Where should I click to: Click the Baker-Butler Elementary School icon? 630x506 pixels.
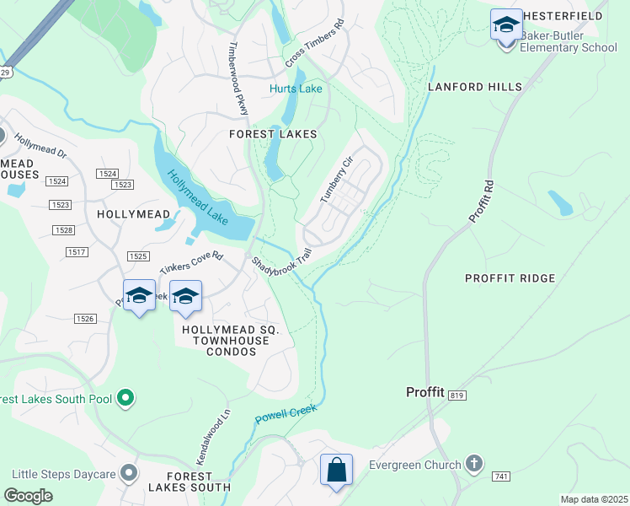click(506, 25)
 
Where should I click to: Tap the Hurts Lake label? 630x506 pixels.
click(296, 89)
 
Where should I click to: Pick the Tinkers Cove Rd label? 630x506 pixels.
click(191, 261)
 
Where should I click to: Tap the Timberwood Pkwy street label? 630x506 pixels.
click(238, 78)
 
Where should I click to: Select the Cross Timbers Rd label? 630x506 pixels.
click(316, 44)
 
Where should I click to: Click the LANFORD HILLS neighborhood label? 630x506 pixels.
click(475, 87)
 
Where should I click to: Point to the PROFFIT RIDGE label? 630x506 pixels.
click(510, 278)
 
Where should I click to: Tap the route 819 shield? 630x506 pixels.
click(457, 395)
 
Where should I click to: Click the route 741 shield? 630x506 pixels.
click(502, 477)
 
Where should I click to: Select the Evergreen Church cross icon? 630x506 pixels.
click(474, 464)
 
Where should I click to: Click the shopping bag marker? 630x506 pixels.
click(336, 470)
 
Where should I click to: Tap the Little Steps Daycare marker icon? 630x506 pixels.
click(129, 474)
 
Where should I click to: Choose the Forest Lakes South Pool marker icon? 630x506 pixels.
click(125, 396)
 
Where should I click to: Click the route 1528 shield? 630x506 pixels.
click(63, 230)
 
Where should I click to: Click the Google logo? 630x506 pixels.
click(28, 495)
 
